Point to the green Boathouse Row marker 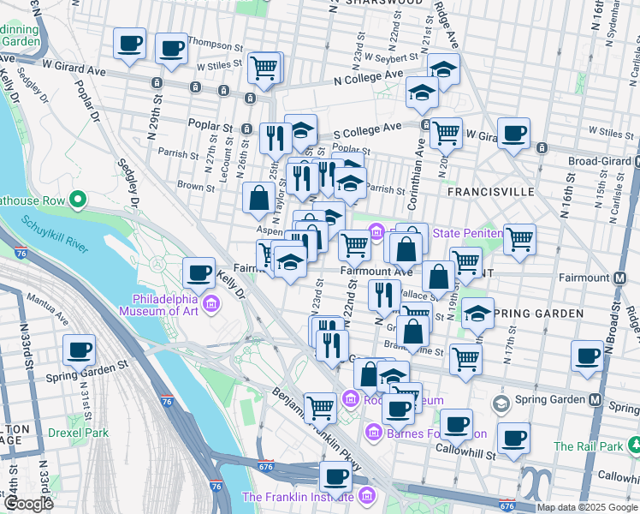(78, 200)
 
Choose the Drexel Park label (79, 433)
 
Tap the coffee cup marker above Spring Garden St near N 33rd (80, 350)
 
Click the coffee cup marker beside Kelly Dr (199, 273)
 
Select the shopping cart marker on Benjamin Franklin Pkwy (320, 407)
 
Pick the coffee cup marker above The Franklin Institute (335, 475)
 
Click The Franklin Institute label (299, 497)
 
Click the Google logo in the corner (27, 504)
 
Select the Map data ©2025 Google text (587, 508)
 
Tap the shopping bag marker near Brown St (258, 198)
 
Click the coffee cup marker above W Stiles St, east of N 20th (513, 134)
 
